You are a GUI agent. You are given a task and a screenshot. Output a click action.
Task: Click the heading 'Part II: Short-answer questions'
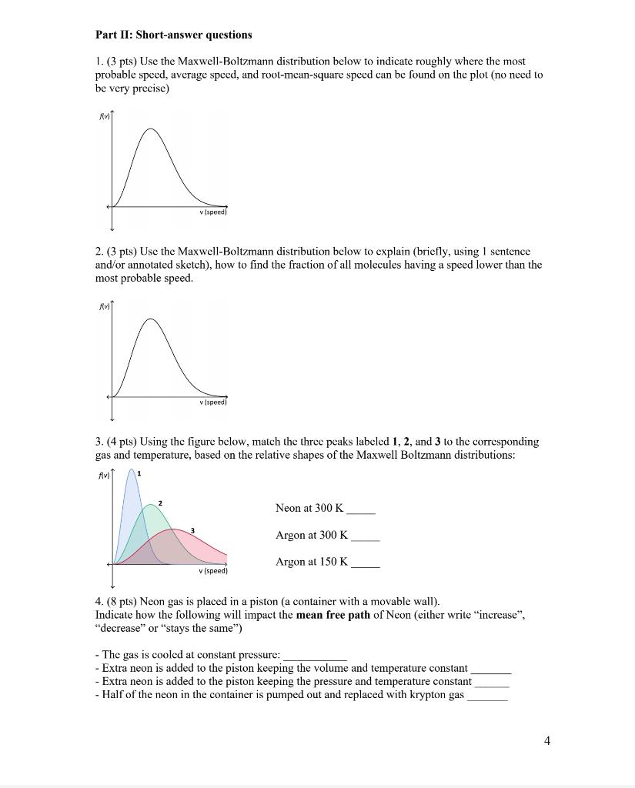(x=173, y=35)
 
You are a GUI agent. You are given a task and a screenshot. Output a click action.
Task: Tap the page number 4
(x=546, y=740)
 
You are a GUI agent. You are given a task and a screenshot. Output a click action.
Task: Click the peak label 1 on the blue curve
(x=139, y=474)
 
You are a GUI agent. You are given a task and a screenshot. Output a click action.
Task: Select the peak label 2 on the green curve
(x=160, y=503)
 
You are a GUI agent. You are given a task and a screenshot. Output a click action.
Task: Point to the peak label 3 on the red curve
(x=192, y=530)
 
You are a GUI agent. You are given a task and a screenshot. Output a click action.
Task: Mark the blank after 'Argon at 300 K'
(x=365, y=537)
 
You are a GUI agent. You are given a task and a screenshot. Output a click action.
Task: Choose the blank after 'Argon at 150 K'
(x=365, y=564)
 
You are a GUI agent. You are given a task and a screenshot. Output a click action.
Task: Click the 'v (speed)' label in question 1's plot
(x=213, y=212)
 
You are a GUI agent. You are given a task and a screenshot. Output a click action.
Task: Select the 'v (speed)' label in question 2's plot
(x=213, y=402)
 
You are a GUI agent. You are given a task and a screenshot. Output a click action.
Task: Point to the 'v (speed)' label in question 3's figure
(x=213, y=571)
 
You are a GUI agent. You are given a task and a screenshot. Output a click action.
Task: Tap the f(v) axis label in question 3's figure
(x=102, y=475)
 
